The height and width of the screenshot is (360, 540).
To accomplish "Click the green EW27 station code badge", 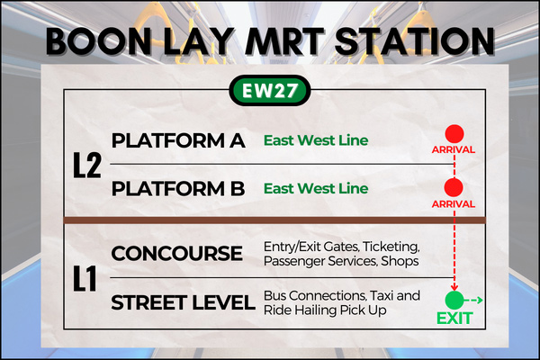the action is point(270,90).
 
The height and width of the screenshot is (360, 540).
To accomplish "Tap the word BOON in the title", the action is point(98,41).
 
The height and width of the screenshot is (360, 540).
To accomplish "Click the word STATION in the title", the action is point(415,41).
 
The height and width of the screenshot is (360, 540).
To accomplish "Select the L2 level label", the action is point(87,166).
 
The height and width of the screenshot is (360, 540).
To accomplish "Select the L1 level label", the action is point(85,279).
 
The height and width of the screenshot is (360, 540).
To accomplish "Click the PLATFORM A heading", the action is point(178,140).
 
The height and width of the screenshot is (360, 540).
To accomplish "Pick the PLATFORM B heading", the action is point(178,189).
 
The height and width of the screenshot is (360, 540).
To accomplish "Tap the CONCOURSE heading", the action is point(177,254).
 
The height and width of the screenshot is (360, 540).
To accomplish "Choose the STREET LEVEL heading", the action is point(183,302).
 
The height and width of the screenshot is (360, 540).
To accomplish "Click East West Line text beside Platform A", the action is point(316,140).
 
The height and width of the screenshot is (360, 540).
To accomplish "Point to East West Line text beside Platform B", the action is point(316,188).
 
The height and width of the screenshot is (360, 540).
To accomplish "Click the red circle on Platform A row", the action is point(454,134).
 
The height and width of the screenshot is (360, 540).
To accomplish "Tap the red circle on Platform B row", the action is point(454,188).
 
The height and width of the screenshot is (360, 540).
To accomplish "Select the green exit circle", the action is point(454,300).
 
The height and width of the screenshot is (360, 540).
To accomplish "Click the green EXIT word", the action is point(454,319).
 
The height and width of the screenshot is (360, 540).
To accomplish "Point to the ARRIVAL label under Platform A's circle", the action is point(454,150).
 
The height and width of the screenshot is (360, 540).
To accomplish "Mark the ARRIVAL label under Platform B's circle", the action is point(454,204).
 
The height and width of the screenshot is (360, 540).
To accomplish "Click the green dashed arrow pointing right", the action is point(473,301).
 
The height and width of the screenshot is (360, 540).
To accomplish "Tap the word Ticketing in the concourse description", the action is point(391,247).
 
